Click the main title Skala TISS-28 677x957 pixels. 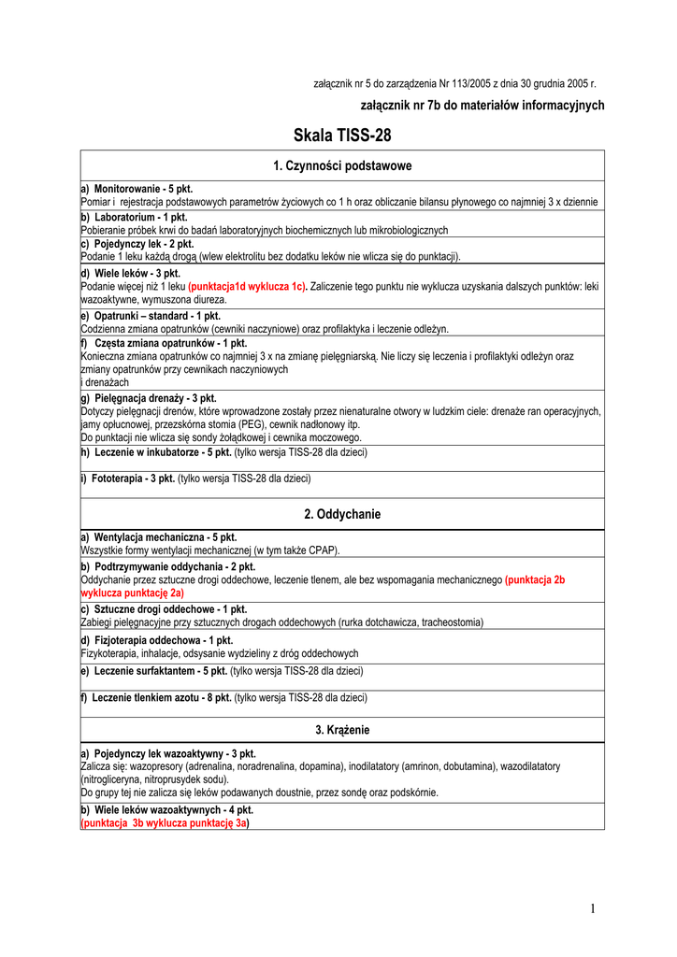342,136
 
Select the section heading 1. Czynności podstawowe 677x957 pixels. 342,165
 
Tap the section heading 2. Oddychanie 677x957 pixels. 342,514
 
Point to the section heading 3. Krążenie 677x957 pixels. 342,729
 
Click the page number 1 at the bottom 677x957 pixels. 592,908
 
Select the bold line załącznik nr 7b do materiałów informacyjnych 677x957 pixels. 483,106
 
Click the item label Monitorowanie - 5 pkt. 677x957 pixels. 142,189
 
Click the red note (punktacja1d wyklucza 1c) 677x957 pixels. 248,287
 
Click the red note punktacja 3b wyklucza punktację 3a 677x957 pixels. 166,823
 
